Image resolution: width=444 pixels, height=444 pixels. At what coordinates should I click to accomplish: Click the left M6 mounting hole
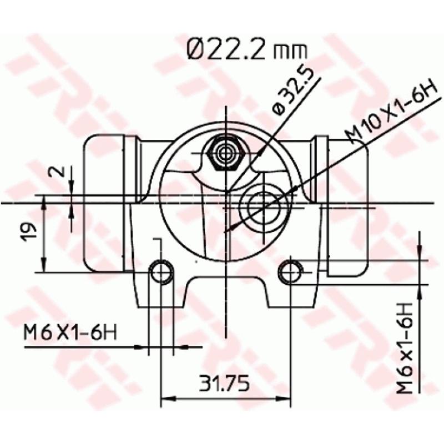(x=162, y=272)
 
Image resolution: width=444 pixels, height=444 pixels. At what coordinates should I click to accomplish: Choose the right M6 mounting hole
(x=290, y=272)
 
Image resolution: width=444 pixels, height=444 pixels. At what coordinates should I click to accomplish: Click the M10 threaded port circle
(x=264, y=205)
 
